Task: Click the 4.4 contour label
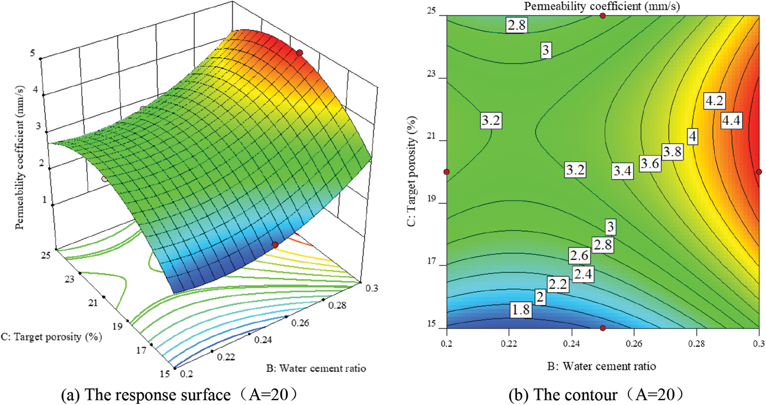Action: pos(731,120)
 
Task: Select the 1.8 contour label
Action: pos(521,309)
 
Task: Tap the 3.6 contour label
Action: pos(650,163)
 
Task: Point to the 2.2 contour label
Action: pos(558,284)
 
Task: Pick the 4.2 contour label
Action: pos(714,101)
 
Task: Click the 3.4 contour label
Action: pos(622,171)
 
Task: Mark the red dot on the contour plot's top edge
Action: pos(602,16)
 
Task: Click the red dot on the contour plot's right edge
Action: pos(759,172)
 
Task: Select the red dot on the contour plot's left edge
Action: pos(447,172)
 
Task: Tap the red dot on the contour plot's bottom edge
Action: pos(602,328)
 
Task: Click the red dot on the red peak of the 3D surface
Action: pos(300,53)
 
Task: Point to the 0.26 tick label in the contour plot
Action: pos(634,344)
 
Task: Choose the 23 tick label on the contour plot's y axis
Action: pos(431,74)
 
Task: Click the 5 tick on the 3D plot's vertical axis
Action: pos(33,53)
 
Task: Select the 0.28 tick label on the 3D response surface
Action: pos(337,305)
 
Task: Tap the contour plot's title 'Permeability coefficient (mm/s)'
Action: pos(602,6)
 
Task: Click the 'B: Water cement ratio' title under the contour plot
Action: pos(601,366)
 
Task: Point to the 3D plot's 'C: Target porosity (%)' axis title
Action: pos(52,337)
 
